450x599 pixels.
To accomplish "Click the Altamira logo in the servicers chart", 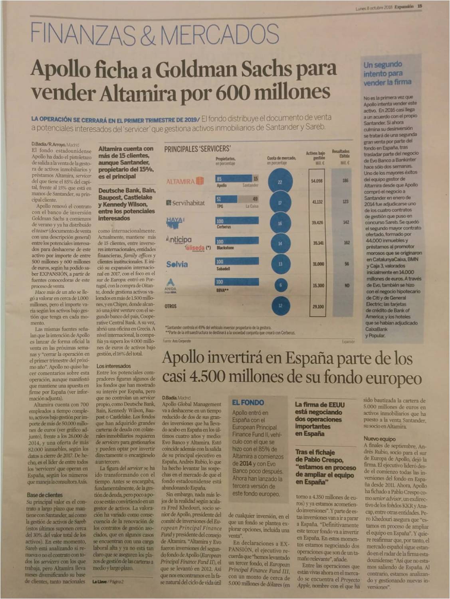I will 185,181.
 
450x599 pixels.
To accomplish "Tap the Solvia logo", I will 177,264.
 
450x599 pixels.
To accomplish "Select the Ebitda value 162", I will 346,242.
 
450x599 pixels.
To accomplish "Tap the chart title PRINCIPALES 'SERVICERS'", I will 198,149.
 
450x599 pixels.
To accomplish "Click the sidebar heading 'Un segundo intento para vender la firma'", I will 387,73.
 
